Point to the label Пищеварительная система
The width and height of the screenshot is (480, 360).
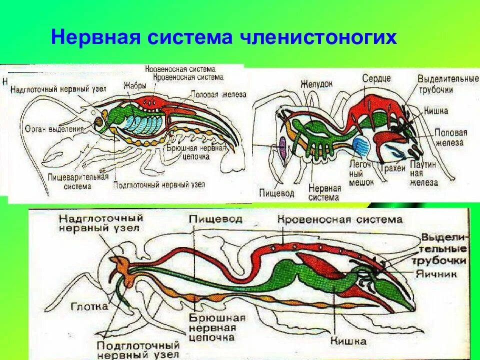click(x=78, y=181)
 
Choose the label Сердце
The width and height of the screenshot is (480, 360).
click(x=377, y=78)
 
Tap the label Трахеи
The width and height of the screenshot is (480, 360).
click(x=392, y=168)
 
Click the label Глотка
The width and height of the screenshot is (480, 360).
click(x=88, y=306)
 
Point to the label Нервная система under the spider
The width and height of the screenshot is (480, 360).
click(x=324, y=192)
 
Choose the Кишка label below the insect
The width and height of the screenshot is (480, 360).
click(x=348, y=341)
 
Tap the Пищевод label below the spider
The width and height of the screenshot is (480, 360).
click(x=276, y=192)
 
